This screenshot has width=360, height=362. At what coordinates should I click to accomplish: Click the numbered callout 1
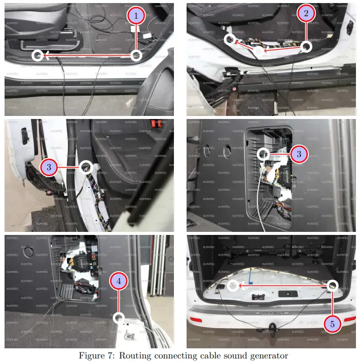click(135, 15)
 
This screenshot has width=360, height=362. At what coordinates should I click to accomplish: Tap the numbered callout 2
click(305, 14)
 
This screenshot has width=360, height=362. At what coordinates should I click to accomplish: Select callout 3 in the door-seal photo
click(49, 166)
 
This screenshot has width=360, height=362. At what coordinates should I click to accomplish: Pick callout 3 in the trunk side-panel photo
click(299, 153)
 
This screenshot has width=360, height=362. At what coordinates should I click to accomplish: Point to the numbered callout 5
click(332, 324)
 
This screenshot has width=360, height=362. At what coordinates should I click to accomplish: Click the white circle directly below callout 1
click(136, 55)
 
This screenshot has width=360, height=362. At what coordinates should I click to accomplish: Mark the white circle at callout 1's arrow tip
click(37, 55)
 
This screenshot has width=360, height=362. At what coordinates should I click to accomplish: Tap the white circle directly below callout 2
click(305, 47)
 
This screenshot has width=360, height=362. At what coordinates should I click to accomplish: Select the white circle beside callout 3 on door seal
click(85, 166)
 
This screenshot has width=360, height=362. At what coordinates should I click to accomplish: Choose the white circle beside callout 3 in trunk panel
click(263, 153)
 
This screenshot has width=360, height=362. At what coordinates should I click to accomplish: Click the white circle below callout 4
click(118, 318)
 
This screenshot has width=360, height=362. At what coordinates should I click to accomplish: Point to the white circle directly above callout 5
click(332, 286)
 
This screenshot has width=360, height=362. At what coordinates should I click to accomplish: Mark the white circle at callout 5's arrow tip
click(232, 286)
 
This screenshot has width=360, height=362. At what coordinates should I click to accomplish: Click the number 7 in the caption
click(111, 355)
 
